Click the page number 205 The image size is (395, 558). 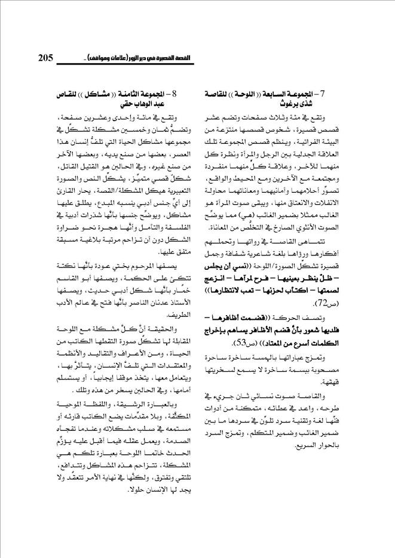point(45,57)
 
